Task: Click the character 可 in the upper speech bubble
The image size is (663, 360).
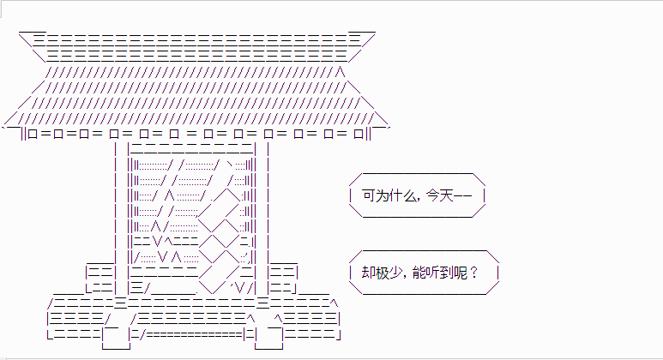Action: coord(369,195)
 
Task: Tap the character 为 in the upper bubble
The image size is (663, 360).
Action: coord(383,195)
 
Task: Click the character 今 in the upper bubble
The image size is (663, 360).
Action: coord(433,195)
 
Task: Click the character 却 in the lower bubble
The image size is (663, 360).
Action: coord(368,273)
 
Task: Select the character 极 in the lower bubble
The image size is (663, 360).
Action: coord(382,273)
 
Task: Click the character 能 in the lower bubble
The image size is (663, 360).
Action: coord(419,273)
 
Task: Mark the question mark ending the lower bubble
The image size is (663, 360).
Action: coord(473,273)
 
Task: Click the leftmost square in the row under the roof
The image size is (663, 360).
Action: coord(33,134)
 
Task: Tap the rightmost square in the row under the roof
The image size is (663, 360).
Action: coord(359,134)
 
